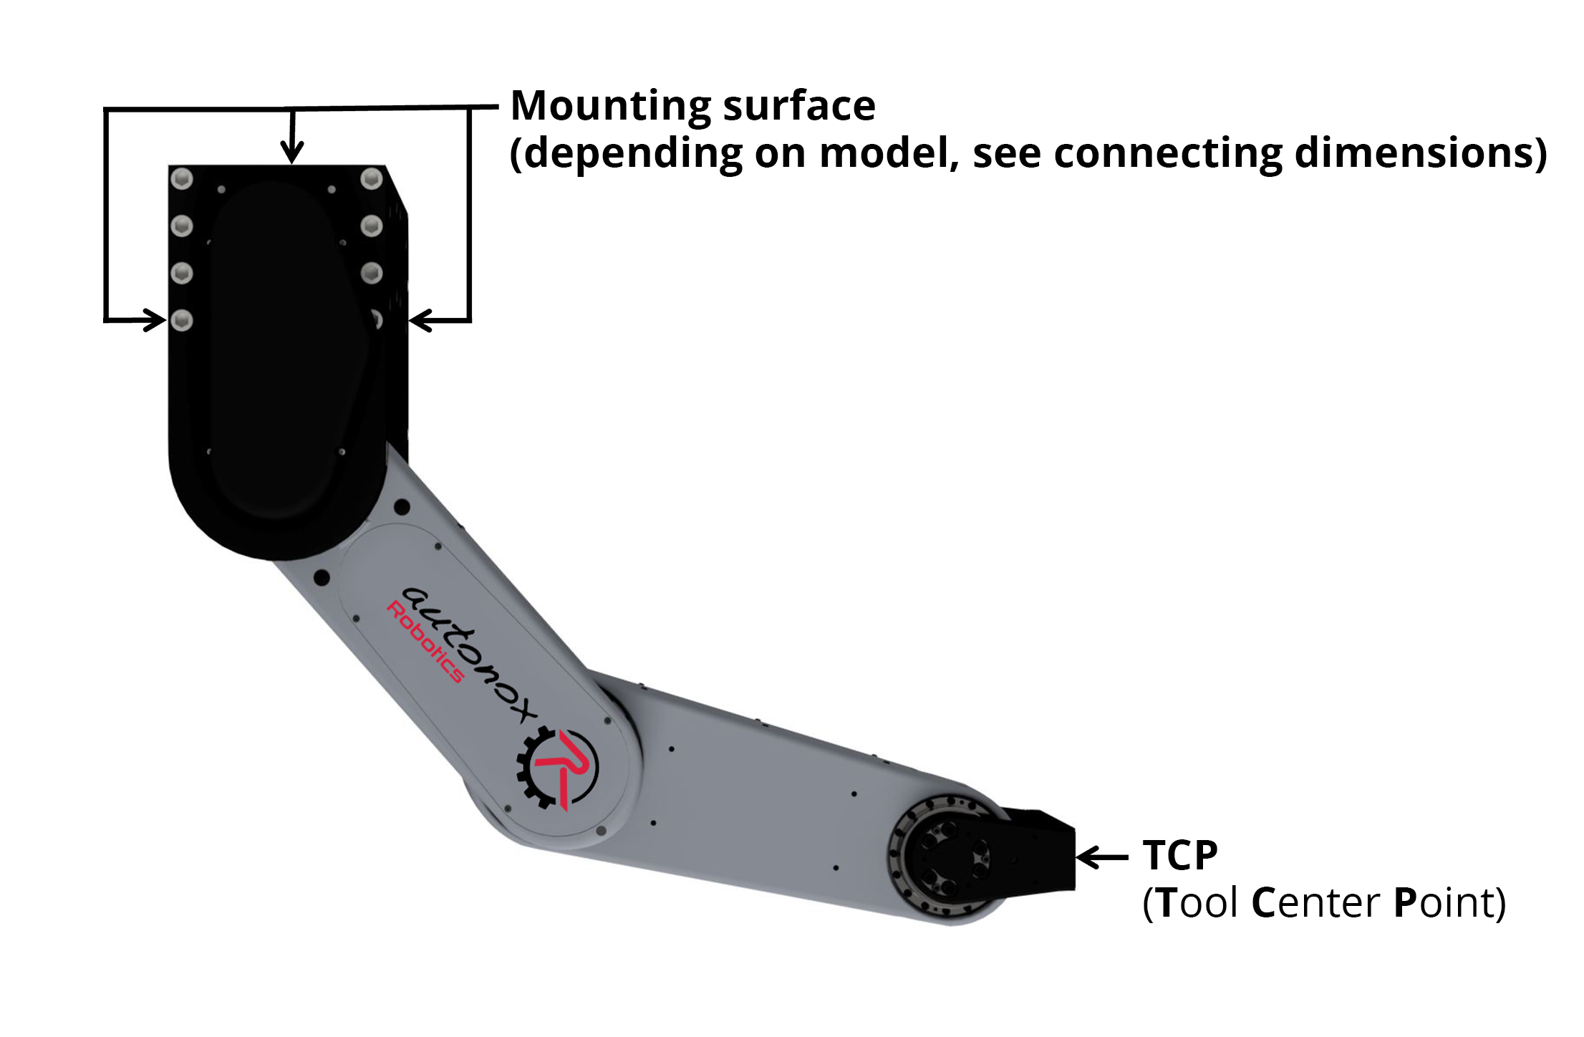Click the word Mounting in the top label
609,107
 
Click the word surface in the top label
798,106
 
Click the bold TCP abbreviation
1179,855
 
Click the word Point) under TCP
1449,902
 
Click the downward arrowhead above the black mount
291,152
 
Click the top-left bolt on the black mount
182,178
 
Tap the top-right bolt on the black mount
371,178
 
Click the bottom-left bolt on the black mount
182,319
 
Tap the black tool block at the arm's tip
1042,852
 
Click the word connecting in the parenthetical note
1168,153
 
